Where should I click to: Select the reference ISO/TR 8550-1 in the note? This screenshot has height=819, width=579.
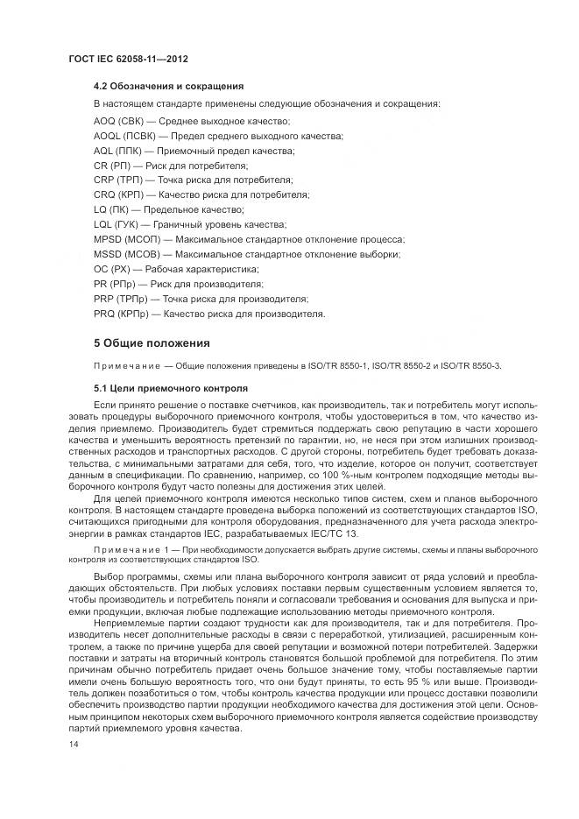[x=332, y=365]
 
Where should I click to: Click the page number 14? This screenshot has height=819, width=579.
[x=74, y=743]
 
